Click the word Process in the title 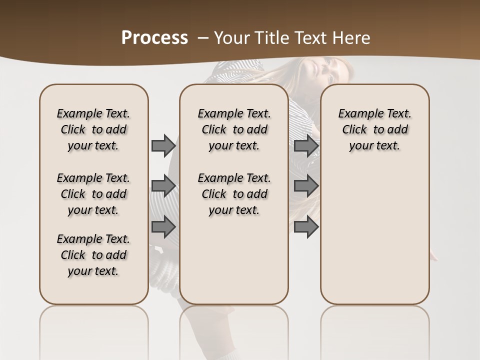point(154,37)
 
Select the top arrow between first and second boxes point(163,145)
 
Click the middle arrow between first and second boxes point(163,186)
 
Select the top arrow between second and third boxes point(306,145)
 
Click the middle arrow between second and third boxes point(306,186)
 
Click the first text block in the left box point(93,129)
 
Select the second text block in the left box point(93,194)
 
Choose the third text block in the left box point(93,255)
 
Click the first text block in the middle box point(234,129)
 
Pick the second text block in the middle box point(234,194)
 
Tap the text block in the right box point(374,129)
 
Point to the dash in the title point(203,37)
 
